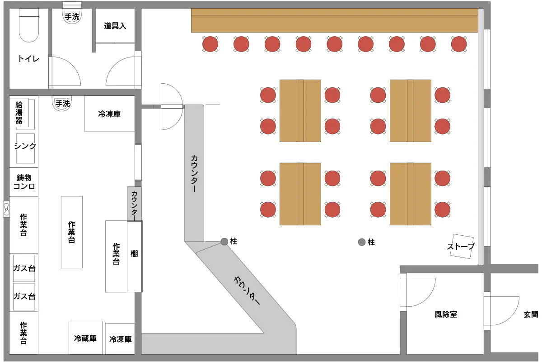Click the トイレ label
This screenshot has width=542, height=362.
(x=28, y=59)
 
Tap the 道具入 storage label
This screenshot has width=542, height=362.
(x=115, y=26)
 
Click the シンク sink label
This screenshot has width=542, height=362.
(x=25, y=146)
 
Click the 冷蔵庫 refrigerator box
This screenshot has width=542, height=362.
(x=85, y=338)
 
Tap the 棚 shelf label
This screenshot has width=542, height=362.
(x=134, y=254)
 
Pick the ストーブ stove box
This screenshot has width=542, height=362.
(x=461, y=247)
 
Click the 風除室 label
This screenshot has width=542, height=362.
(x=446, y=314)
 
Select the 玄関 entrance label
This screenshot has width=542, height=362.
(x=531, y=314)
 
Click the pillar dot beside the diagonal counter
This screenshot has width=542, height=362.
(x=224, y=242)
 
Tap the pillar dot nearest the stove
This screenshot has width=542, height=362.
(x=362, y=242)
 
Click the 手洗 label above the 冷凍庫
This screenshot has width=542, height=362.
(x=63, y=104)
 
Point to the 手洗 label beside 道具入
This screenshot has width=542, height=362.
(x=72, y=17)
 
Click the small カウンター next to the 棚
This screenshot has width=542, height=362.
(x=135, y=204)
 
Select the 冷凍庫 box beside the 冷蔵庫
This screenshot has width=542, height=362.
(x=120, y=338)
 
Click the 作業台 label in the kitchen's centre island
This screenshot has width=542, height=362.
(x=71, y=232)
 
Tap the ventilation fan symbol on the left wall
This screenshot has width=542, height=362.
(x=7, y=209)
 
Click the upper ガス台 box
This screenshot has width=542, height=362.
(x=24, y=268)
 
